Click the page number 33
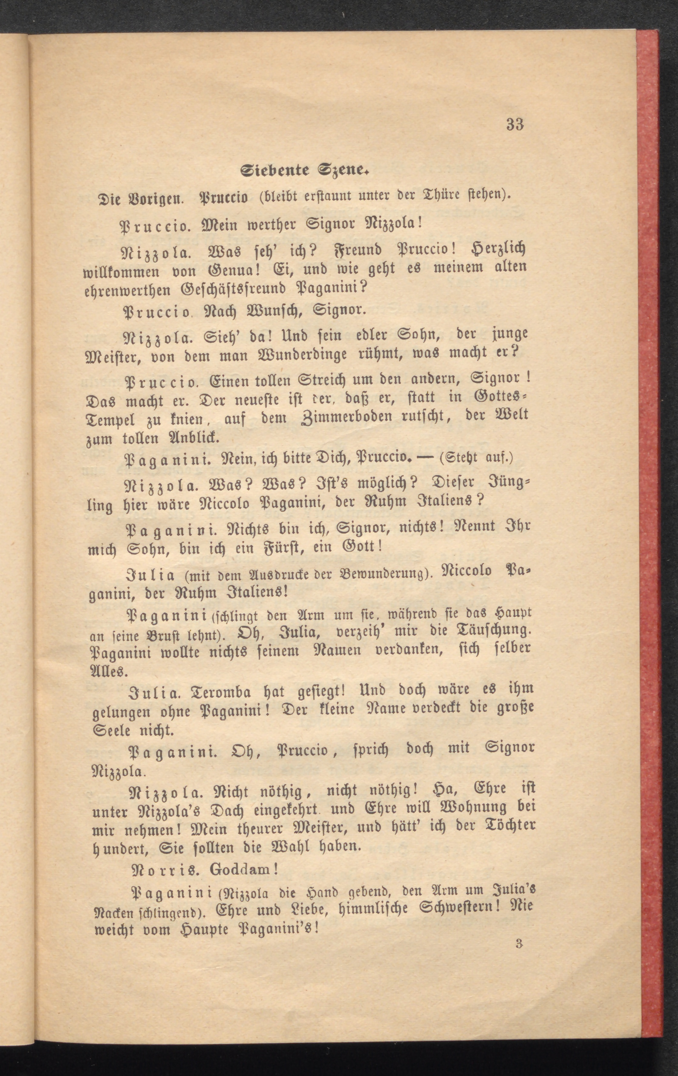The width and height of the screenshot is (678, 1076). pyautogui.click(x=515, y=125)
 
